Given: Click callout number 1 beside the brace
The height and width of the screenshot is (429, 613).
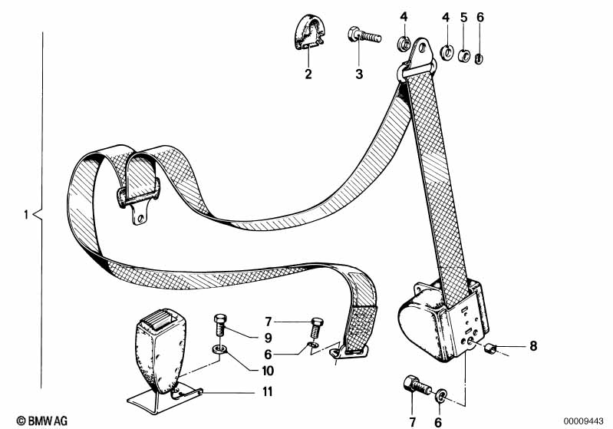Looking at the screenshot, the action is (26, 216).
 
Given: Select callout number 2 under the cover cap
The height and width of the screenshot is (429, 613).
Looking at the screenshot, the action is (308, 74).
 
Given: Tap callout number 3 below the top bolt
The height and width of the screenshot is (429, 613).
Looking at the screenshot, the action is (359, 74).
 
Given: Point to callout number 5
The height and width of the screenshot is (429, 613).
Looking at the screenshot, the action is (463, 16).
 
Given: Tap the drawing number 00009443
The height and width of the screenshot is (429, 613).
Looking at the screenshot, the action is (587, 420).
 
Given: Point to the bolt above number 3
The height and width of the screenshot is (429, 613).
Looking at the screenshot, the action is (364, 35).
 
